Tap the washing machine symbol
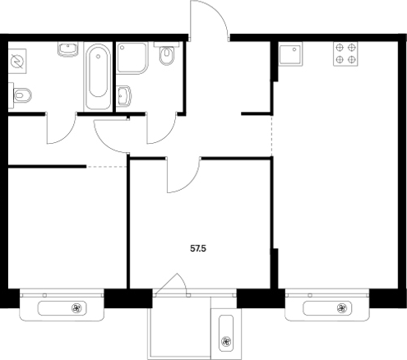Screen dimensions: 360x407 [17, 62]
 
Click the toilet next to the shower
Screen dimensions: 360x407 [166, 55]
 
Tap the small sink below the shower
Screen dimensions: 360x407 [123, 96]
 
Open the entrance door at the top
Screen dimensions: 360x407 [209, 20]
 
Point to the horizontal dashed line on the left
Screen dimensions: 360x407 [107, 167]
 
